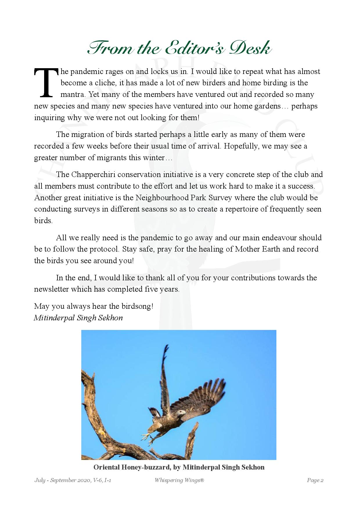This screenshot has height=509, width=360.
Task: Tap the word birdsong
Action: pyautogui.click(x=136, y=306)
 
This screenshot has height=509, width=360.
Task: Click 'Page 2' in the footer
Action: pyautogui.click(x=315, y=488)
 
